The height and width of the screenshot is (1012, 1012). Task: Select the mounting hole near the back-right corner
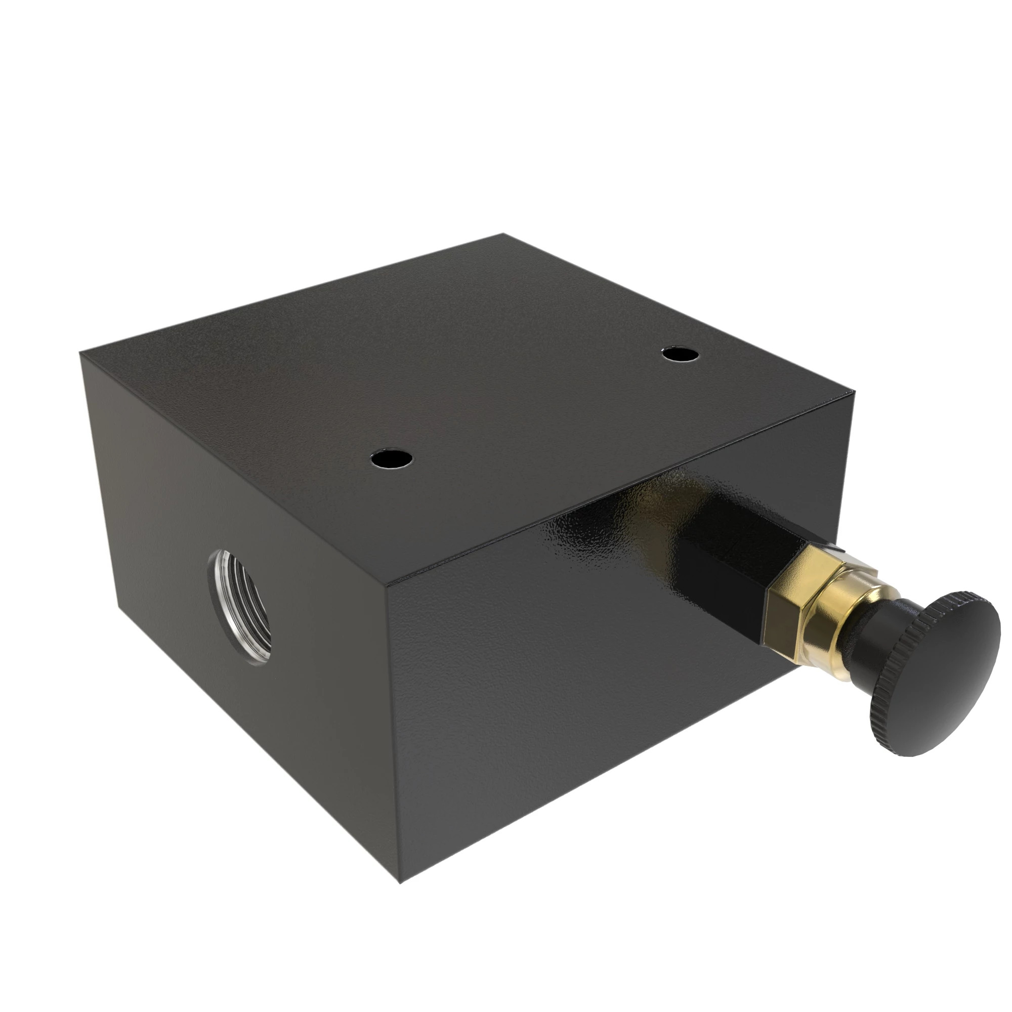click(x=680, y=355)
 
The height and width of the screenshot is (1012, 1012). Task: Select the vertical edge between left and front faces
click(x=394, y=733)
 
